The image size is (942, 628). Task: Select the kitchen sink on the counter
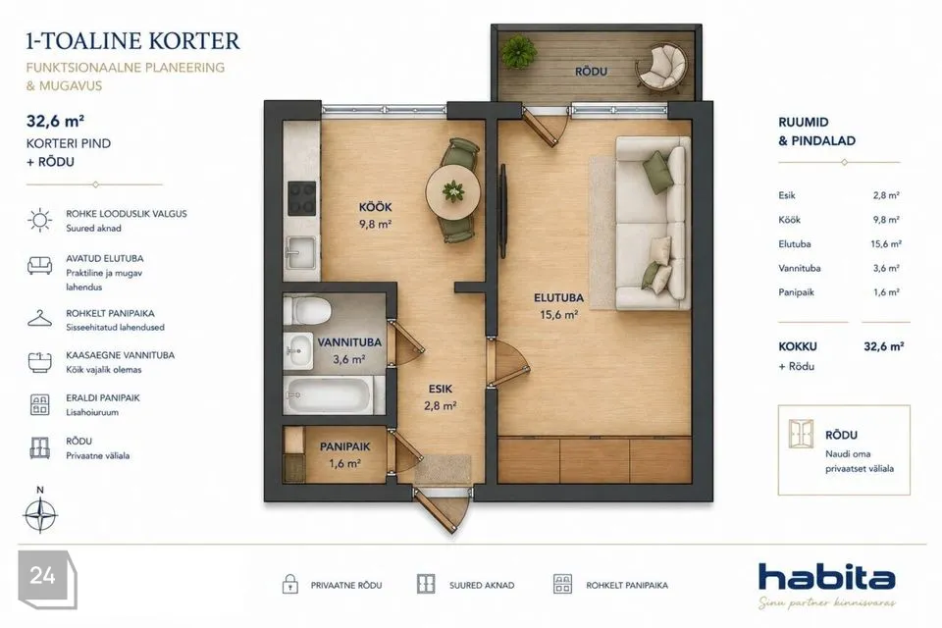coord(300,252)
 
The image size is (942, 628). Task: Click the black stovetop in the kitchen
coord(301,198)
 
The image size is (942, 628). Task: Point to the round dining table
coord(453,192)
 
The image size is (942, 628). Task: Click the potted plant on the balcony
coord(519,52)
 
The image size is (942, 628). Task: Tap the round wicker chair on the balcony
coord(660,69)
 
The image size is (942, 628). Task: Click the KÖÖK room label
coord(375,207)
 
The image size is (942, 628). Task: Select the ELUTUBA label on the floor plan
coord(558,297)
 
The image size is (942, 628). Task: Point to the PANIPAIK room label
coord(344,446)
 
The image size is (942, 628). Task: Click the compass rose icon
coord(40,514)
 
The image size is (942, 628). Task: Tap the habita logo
coord(826,578)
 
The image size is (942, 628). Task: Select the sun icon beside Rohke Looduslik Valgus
coord(40,220)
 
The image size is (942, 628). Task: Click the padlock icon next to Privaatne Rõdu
coord(290,584)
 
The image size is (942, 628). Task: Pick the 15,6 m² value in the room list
coord(886,244)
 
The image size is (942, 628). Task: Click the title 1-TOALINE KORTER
coord(132,41)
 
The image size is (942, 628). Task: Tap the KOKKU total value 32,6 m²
coord(884,346)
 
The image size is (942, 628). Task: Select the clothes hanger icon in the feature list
coord(39,319)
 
